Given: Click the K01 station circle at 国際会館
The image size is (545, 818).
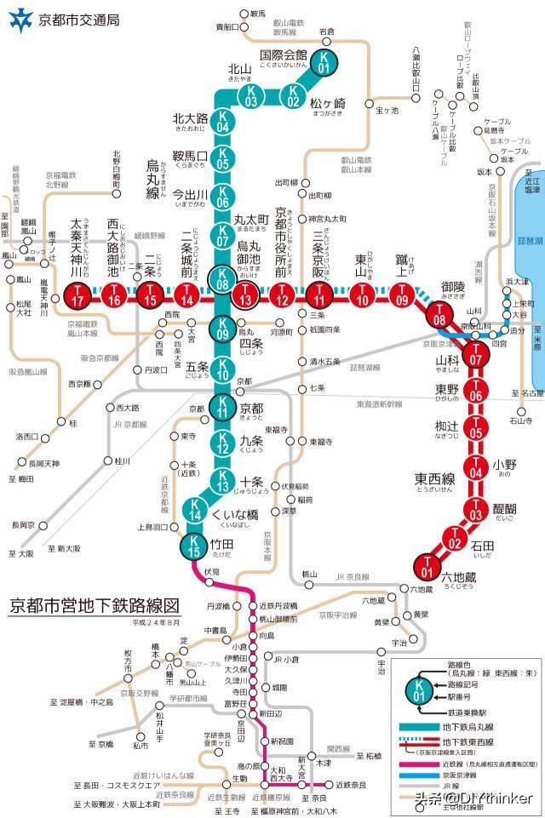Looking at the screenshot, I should (324, 61).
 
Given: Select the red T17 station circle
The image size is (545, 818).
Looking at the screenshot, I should (77, 296).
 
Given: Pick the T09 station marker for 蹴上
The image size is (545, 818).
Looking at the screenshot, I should (403, 296).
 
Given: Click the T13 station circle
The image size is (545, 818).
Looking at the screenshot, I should (245, 296).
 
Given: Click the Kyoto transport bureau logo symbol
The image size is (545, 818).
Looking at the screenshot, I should (18, 19).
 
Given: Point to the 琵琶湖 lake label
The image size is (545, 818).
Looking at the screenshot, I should (531, 242).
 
